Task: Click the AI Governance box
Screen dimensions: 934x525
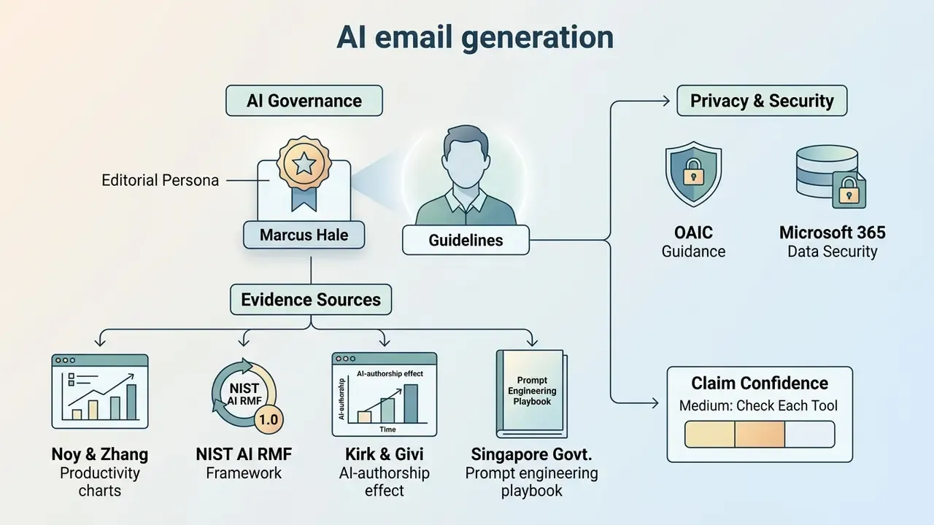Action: point(304,101)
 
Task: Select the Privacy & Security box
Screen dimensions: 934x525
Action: point(762,101)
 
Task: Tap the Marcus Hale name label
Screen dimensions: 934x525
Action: point(304,235)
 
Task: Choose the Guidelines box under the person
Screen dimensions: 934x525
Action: point(466,240)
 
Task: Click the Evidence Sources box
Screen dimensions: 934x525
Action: point(311,300)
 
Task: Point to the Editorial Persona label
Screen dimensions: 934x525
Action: point(160,180)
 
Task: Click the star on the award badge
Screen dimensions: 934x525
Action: point(304,163)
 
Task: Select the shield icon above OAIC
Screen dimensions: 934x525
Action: point(693,174)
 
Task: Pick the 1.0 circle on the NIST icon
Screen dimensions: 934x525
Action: point(269,419)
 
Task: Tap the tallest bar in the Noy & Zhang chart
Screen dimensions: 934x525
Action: point(131,402)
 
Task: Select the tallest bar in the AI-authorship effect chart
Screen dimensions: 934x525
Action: point(411,404)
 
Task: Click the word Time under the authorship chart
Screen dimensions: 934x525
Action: point(387,429)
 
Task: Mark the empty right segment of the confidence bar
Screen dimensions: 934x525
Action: point(810,434)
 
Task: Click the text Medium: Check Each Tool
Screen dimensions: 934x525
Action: point(758,406)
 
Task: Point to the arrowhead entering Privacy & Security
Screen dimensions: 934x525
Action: point(666,101)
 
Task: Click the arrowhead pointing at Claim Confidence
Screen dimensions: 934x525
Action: point(655,403)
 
